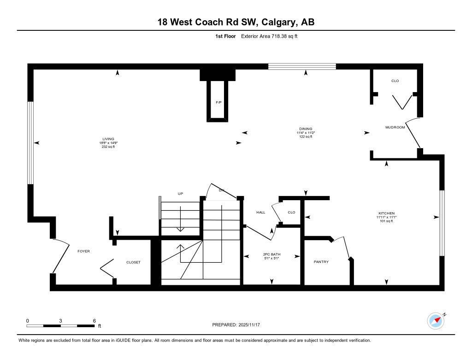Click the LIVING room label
108,139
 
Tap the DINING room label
306,129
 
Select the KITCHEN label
386,214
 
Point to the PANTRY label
321,262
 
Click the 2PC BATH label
271,254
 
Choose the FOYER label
83,251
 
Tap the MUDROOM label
395,127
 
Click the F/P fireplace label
219,102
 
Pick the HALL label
260,213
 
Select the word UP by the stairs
181,194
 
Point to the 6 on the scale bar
94,321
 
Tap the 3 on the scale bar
61,321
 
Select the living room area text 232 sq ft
108,147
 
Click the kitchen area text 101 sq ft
386,221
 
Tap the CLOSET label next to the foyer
133,262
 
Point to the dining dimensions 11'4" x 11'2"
306,133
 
